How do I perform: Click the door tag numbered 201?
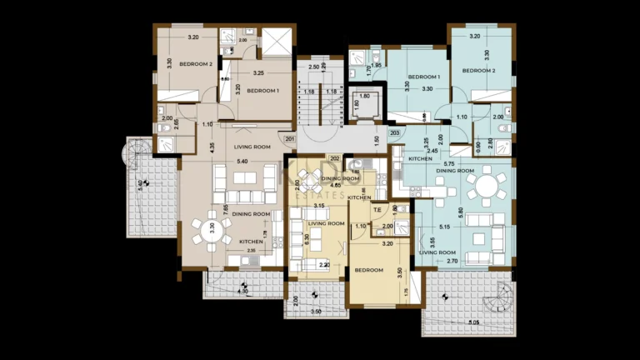(x=289, y=139)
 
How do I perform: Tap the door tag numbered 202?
(x=334, y=158)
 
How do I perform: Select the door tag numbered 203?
(x=394, y=132)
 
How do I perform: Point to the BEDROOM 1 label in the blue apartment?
(x=423, y=77)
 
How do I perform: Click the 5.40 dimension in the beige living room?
(x=242, y=161)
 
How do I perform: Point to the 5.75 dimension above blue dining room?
(x=448, y=164)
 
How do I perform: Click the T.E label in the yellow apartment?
(x=377, y=210)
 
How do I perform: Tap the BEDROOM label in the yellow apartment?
(x=369, y=270)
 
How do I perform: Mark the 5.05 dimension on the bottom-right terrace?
(x=474, y=322)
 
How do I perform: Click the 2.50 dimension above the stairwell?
(x=313, y=67)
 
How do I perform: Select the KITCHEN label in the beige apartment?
(x=251, y=242)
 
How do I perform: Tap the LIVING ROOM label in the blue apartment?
(x=437, y=252)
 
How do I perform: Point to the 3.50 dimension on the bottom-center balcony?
(x=315, y=311)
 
